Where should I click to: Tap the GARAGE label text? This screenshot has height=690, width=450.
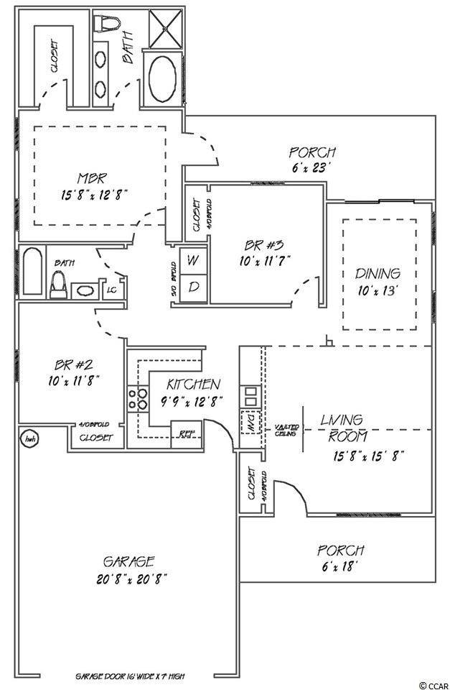click(129, 561)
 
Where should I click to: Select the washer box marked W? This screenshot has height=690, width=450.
click(193, 261)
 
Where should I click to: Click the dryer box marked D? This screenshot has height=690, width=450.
click(193, 287)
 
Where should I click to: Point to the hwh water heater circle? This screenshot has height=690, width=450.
click(30, 438)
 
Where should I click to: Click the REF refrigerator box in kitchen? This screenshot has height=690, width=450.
click(187, 433)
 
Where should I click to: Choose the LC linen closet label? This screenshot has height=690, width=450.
click(112, 290)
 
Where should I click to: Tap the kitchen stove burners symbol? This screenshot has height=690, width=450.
click(136, 400)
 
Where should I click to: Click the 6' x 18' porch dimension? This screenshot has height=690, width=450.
click(340, 566)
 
